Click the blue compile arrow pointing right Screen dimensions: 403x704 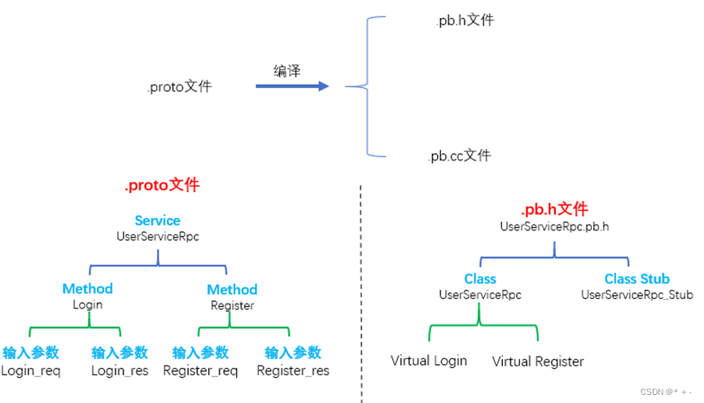tap(292, 85)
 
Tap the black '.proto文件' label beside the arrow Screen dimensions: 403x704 tap(179, 86)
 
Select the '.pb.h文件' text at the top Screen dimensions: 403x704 tap(464, 20)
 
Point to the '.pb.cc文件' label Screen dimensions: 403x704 tap(460, 156)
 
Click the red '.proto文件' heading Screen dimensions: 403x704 tap(161, 186)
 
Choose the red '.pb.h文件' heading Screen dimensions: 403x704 tap(554, 210)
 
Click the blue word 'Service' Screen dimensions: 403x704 tap(157, 221)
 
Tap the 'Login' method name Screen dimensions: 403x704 tap(87, 305)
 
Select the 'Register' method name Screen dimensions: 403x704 tap(231, 306)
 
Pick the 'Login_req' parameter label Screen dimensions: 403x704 tap(31, 370)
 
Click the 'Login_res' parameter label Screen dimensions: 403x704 tap(120, 370)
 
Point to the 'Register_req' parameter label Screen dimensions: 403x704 tap(200, 370)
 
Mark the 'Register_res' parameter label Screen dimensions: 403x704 tap(293, 370)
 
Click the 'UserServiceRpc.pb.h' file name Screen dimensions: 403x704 tap(554, 226)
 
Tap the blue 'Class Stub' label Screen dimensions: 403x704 tap(636, 279)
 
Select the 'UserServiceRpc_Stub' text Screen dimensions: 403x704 tap(636, 295)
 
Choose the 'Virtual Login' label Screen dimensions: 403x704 tap(429, 360)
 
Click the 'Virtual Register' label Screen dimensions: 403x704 tap(538, 361)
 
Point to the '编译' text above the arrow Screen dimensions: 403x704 tap(286, 71)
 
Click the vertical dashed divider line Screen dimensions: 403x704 tap(361, 293)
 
